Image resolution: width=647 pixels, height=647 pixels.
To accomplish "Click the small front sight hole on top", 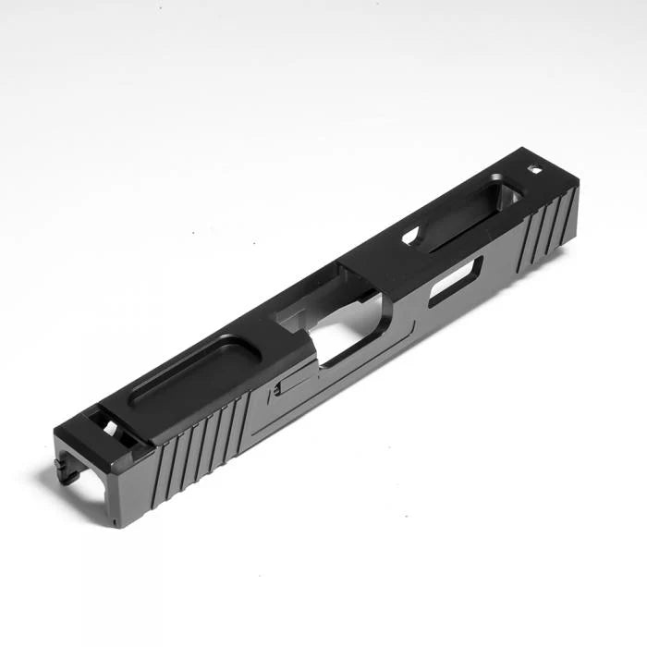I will [x=535, y=169].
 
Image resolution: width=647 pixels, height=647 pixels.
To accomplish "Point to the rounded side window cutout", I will [x=455, y=280].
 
